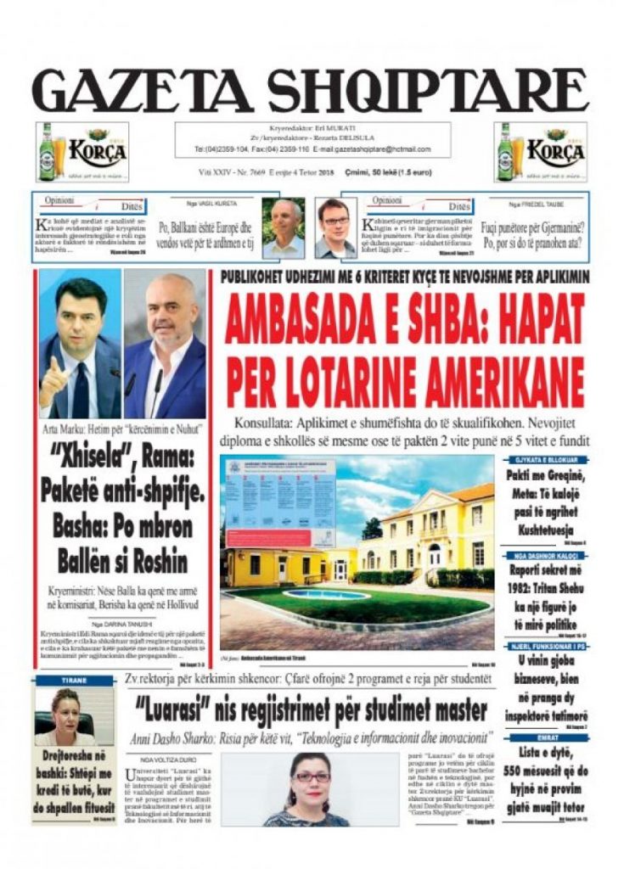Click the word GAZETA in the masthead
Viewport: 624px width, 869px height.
(x=144, y=87)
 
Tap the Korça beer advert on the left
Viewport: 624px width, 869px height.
(x=82, y=152)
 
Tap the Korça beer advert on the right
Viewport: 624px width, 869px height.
(x=540, y=152)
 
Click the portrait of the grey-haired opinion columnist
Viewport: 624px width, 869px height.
(x=283, y=228)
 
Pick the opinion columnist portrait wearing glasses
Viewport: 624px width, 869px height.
(x=335, y=228)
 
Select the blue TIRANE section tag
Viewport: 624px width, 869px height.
(x=74, y=681)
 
